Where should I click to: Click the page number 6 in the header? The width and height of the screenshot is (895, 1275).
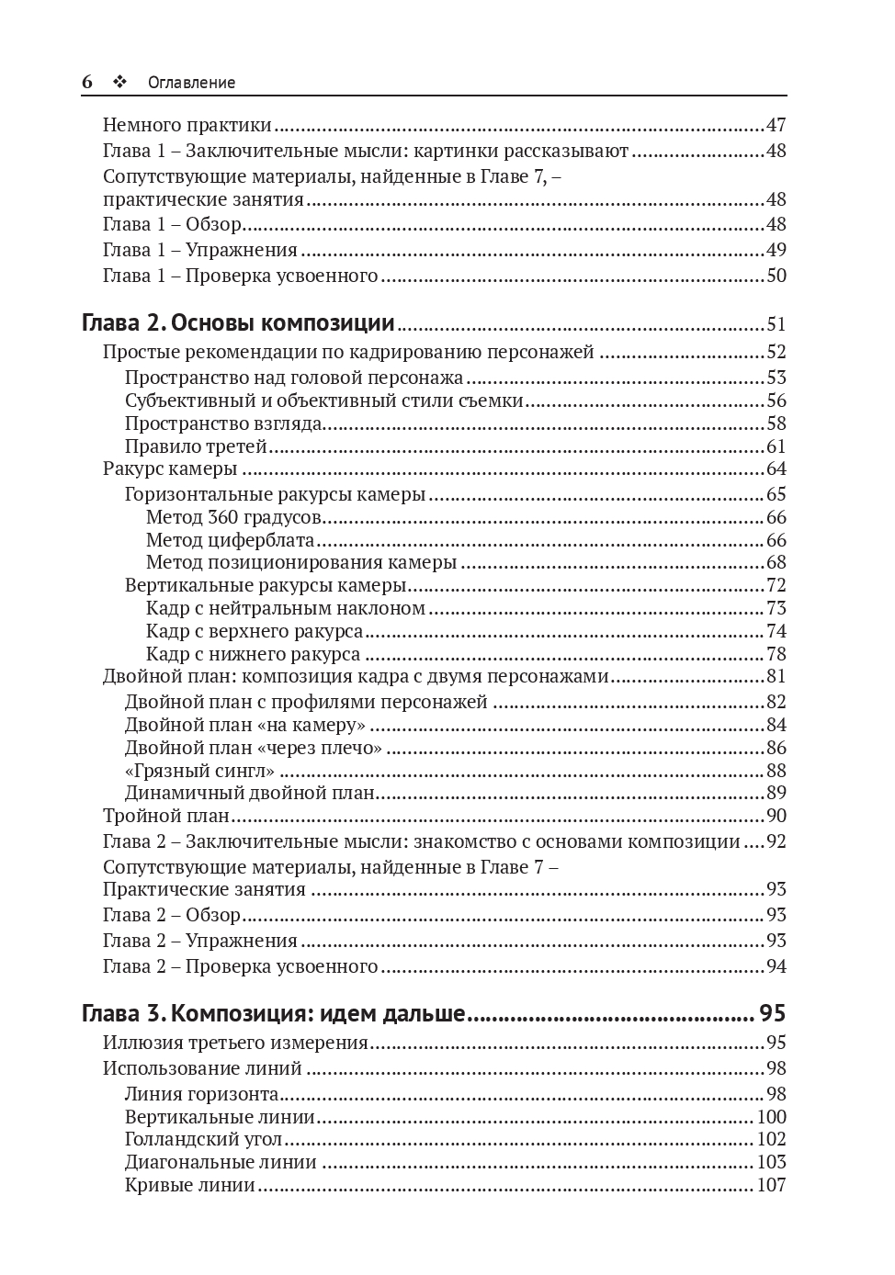point(87,82)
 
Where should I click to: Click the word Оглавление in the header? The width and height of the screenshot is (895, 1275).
point(191,83)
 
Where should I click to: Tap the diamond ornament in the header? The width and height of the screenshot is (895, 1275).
point(119,82)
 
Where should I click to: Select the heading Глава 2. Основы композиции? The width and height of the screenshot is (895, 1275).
point(238,323)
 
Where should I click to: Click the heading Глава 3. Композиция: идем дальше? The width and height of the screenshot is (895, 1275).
point(274,1014)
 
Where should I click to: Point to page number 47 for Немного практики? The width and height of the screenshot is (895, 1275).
point(776,125)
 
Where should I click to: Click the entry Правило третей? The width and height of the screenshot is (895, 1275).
point(196,446)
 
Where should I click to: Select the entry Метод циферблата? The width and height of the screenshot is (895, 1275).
point(230,540)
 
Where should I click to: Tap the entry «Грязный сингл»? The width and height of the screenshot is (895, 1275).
point(199,771)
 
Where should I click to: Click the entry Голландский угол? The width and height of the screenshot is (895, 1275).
point(203,1139)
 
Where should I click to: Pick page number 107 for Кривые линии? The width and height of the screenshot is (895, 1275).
point(771,1185)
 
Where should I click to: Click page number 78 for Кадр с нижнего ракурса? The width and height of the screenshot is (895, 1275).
point(776,654)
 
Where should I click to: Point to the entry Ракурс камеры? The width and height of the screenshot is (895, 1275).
point(170,468)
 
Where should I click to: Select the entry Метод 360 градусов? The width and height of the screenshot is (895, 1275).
point(233,517)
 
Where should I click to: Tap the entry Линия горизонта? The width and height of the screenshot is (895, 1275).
point(201,1094)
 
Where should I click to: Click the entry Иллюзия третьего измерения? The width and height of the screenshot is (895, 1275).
point(235,1043)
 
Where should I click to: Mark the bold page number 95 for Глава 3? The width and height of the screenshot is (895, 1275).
point(772,1014)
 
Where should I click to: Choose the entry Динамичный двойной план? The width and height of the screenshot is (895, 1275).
point(250,793)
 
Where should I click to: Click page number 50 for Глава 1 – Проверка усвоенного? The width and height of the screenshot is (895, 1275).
point(776,276)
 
